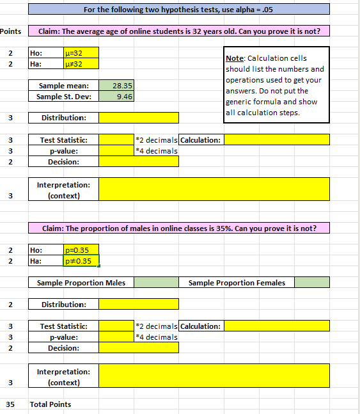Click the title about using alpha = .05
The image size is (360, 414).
click(179, 9)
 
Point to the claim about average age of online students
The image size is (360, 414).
click(179, 31)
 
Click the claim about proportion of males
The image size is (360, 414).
click(179, 228)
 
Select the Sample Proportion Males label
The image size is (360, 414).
click(81, 282)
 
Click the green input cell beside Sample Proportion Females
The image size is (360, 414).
click(312, 282)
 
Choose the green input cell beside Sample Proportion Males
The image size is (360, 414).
click(156, 282)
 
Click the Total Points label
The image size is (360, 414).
click(51, 404)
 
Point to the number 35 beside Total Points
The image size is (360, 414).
click(10, 404)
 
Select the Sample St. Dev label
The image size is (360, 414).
click(64, 97)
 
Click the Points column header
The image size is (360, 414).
click(10, 31)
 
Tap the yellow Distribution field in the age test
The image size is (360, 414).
click(139, 118)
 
